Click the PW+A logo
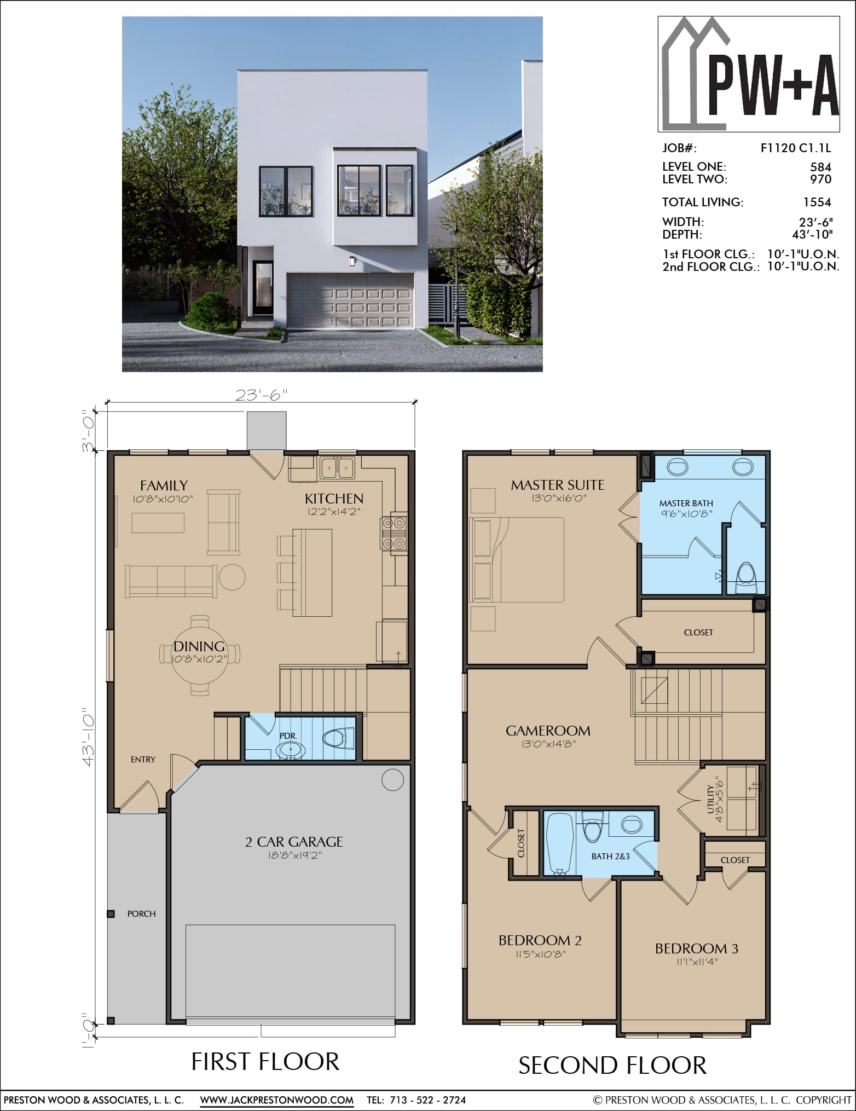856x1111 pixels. pos(749,74)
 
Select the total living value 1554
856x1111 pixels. pos(817,202)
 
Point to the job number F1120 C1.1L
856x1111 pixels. pos(796,148)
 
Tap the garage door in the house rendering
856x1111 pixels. pos(350,301)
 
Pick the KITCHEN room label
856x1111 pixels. pos(334,498)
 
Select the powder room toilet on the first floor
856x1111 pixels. pos(339,740)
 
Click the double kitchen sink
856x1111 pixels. pos(337,467)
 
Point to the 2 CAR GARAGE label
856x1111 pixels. pos(294,842)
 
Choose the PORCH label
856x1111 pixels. pos(141,913)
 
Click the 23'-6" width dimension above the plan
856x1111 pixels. pos(261,395)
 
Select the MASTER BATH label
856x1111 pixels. pos(686,503)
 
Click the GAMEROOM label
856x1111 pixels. pos(548,731)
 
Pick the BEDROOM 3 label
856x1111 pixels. pos(696,948)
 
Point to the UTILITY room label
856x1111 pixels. pos(710,798)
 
